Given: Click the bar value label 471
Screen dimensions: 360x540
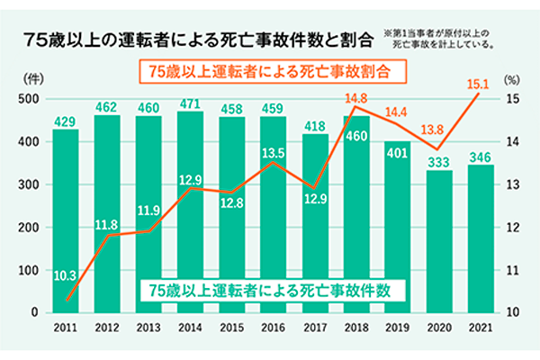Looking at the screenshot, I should (190, 103).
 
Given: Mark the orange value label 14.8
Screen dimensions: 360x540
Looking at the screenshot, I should (355, 98).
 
